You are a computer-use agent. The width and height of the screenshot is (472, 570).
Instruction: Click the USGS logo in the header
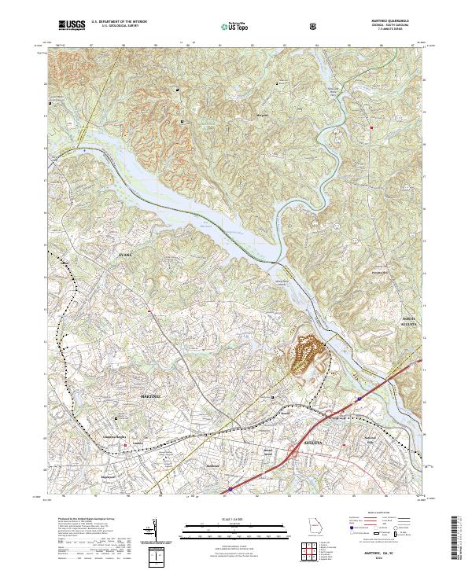(72, 26)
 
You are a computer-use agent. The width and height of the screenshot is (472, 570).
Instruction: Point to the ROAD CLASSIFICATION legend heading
(379, 511)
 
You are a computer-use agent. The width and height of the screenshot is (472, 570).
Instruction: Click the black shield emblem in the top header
(315, 27)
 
